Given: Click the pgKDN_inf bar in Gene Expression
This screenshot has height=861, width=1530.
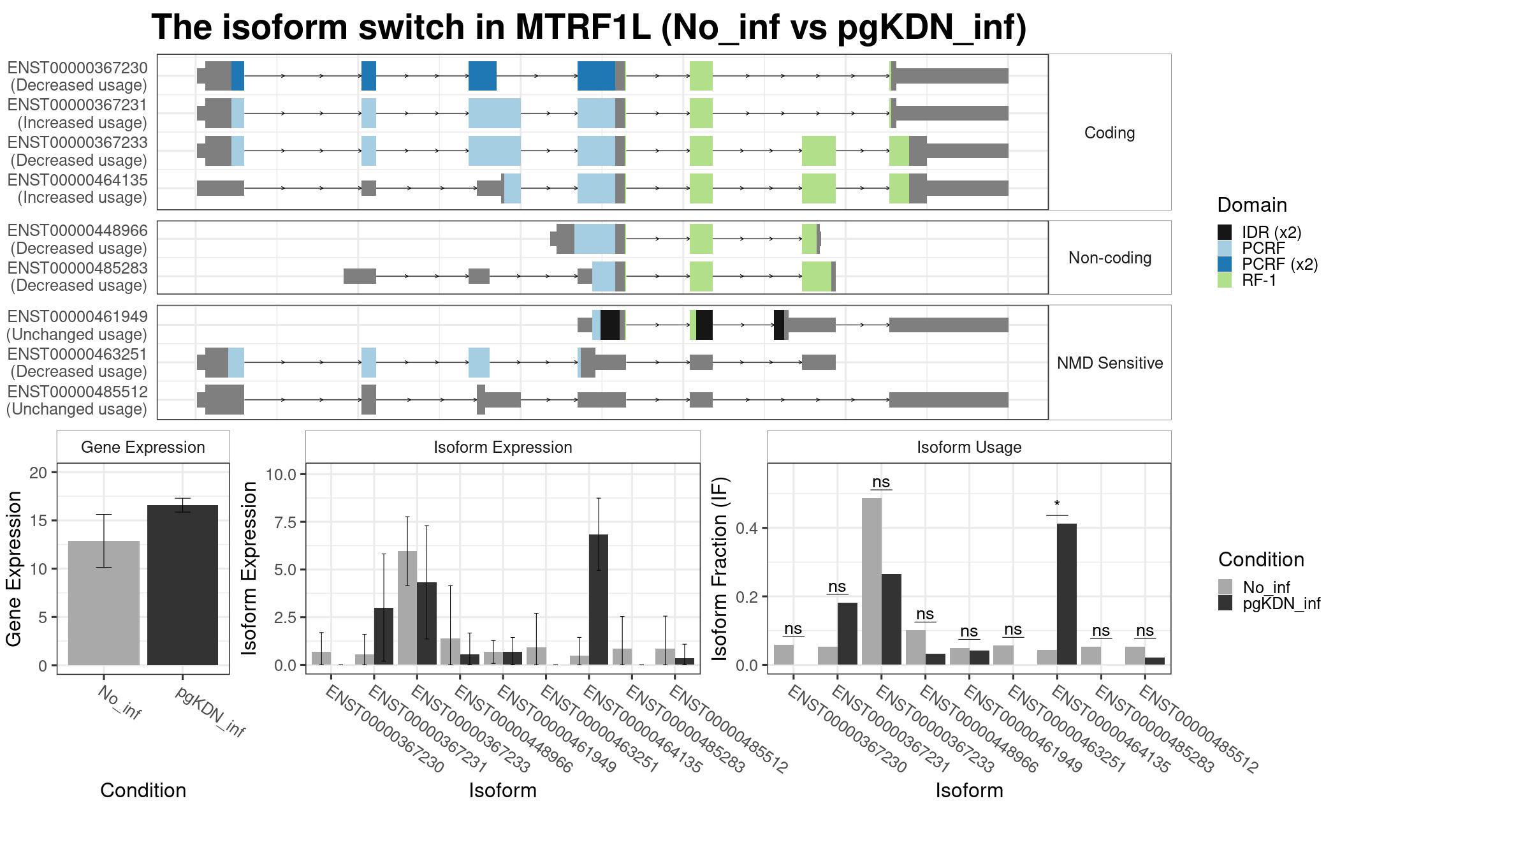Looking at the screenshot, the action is point(182,585).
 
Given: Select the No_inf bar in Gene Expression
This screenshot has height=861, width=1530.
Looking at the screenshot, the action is point(104,603).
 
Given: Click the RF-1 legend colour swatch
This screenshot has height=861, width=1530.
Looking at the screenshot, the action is point(1225,280).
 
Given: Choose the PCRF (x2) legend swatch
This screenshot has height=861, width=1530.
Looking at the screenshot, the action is point(1225,264).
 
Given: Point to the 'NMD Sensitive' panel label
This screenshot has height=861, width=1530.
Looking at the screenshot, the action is point(1110,363).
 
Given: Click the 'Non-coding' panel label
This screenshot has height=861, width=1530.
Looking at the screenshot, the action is point(1110,258).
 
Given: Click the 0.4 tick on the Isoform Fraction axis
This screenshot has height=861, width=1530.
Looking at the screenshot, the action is point(747,527).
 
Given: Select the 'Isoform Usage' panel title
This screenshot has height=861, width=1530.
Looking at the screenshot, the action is point(969,447).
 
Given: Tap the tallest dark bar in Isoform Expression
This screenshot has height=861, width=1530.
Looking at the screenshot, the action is point(599,600).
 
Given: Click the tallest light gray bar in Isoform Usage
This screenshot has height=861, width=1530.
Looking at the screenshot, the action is point(871,581).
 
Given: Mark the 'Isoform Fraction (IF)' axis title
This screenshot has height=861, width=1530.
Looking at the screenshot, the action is point(720,568).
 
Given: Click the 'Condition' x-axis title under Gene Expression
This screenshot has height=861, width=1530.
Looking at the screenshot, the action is point(143,790).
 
